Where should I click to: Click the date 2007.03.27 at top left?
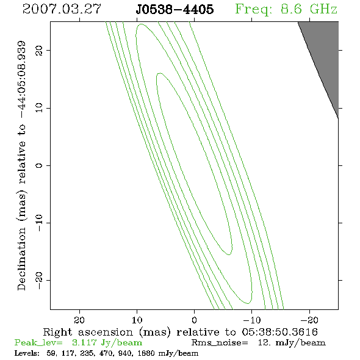tap(62, 9)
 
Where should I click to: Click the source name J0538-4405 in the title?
tap(175, 9)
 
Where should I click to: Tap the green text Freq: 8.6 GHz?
tap(286, 9)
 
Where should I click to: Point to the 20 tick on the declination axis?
tap(39, 50)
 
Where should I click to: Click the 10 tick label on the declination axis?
tap(39, 108)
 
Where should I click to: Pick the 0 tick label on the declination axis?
tap(39, 165)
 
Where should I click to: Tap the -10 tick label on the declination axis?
tap(39, 223)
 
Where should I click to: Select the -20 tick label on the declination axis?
tap(39, 280)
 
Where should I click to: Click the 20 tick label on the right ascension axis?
tap(79, 320)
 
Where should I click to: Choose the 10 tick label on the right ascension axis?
tap(137, 320)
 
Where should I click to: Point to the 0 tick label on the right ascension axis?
tap(194, 320)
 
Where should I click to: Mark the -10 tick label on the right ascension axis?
tap(252, 320)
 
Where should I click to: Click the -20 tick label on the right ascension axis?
tap(309, 320)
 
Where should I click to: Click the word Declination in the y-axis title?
tap(21, 259)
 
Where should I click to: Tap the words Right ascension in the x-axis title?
tap(88, 332)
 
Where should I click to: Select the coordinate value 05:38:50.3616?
tap(279, 332)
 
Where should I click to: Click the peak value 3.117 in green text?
tap(84, 342)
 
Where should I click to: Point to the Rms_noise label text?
tap(220, 343)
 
